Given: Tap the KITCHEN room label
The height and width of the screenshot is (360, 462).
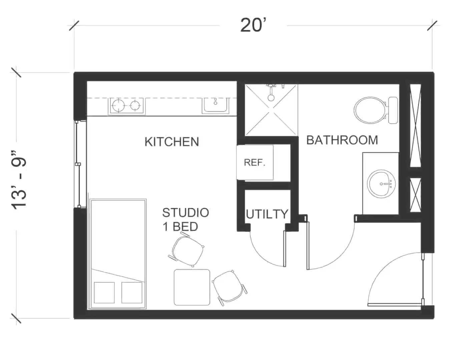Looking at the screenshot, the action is [172, 142].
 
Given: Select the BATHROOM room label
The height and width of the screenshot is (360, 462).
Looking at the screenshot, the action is [342, 140].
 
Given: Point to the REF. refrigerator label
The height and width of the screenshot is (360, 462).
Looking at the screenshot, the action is [255, 162].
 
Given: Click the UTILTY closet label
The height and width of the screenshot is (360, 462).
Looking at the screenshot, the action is [267, 214].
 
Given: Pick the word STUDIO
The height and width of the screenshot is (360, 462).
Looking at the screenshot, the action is [185, 213].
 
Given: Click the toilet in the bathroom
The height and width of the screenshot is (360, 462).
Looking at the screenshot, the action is [376, 110].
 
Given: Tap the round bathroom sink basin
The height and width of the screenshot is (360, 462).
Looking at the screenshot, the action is [381, 184].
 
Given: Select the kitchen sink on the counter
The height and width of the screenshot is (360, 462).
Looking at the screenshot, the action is [215, 106].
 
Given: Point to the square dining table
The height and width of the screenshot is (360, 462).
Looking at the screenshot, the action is [192, 287].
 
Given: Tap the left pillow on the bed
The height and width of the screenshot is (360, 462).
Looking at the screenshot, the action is [104, 292].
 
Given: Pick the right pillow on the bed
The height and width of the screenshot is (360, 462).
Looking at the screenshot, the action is [132, 292].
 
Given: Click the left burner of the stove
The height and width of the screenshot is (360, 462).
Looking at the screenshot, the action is [118, 105].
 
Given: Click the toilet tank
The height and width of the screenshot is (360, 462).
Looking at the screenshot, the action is [393, 110].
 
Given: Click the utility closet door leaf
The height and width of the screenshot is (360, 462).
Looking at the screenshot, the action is [285, 248].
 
